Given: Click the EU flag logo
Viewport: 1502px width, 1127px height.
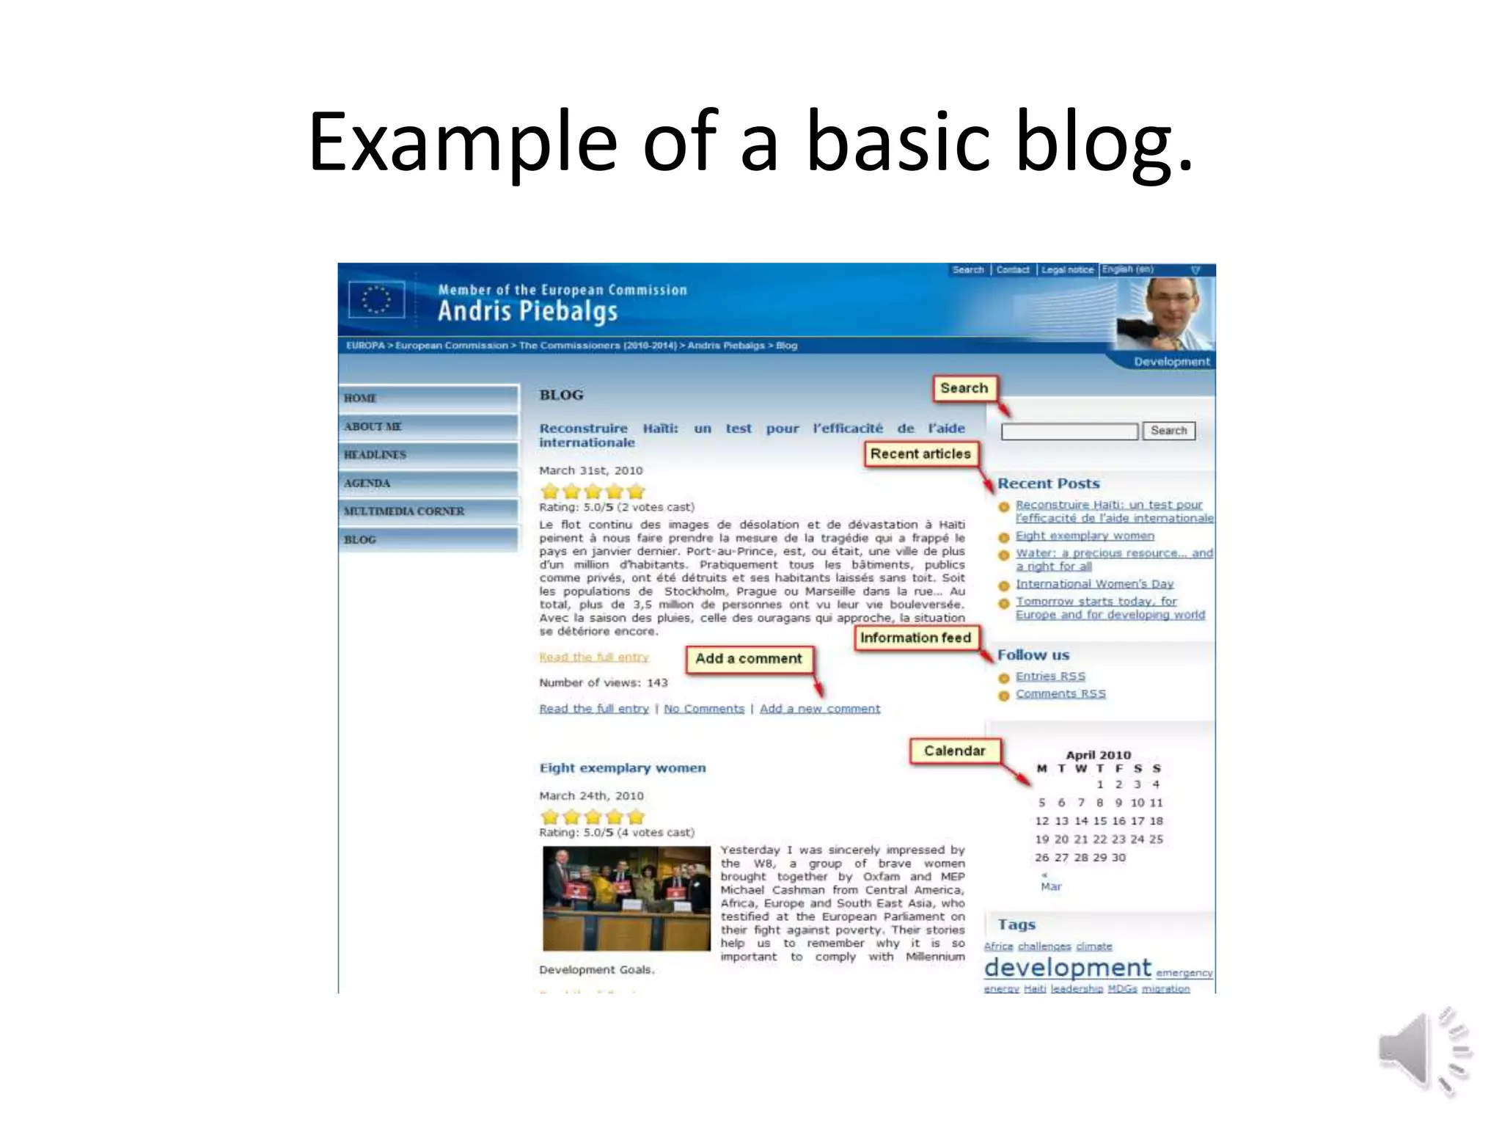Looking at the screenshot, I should tap(377, 299).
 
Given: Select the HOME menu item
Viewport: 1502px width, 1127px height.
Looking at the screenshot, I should tap(428, 398).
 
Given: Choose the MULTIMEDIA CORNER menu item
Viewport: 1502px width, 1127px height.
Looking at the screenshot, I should tap(428, 511).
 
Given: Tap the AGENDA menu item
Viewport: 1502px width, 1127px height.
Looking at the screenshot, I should tap(428, 483).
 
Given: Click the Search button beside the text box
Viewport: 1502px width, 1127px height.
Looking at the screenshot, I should tap(1168, 431).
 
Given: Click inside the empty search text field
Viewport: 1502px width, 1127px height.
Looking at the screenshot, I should tap(1069, 431).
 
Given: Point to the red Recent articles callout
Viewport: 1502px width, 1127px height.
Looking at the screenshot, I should tap(920, 454).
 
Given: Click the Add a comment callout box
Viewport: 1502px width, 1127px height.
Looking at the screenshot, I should tap(748, 659).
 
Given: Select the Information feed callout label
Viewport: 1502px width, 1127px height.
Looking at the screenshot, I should tap(915, 638).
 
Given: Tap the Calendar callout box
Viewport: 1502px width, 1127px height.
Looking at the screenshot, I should tap(954, 751).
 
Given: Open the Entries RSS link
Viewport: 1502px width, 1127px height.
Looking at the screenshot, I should tap(1049, 676).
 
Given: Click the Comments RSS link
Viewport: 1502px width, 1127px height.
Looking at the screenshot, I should tap(1060, 694).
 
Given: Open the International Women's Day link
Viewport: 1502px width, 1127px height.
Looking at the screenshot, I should tap(1094, 584).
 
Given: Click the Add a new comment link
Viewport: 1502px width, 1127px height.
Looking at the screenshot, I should tap(819, 709).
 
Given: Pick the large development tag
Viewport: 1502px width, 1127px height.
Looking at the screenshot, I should tap(1067, 968).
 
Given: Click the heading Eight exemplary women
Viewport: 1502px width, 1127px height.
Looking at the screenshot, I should tap(623, 768).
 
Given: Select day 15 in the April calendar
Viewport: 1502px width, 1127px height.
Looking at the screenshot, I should tap(1100, 821).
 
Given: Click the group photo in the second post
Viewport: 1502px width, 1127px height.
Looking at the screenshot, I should tap(626, 898).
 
